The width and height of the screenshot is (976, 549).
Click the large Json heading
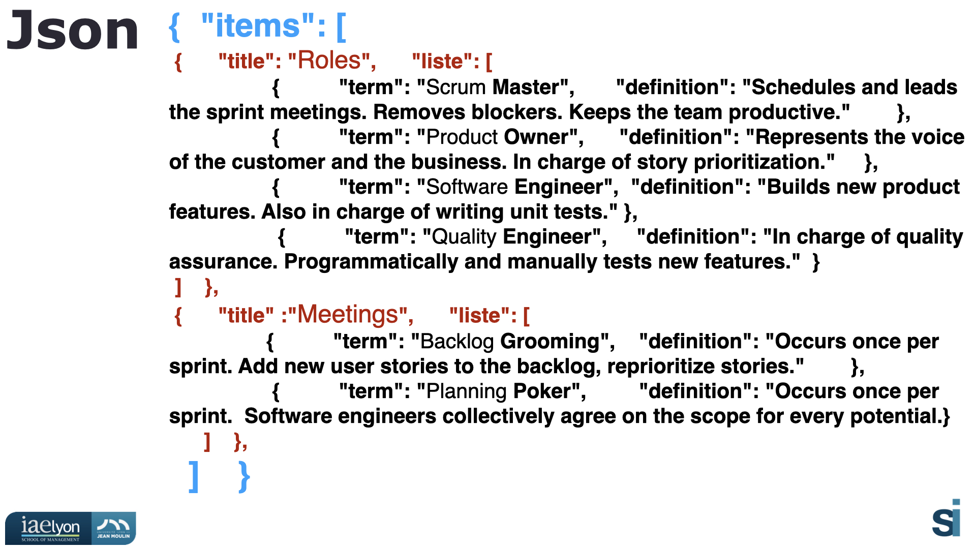(72, 30)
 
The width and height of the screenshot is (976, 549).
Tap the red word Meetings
(347, 315)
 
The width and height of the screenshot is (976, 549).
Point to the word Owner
(536, 137)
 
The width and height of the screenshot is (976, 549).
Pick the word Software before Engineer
(467, 187)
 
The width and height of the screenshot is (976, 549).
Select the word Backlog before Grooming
(457, 341)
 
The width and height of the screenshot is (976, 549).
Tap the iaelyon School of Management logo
(49, 529)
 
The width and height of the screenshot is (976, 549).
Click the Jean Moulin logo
(114, 529)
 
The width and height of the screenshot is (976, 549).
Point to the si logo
(947, 518)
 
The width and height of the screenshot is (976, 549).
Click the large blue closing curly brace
(245, 477)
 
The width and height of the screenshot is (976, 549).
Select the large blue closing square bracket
(194, 477)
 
